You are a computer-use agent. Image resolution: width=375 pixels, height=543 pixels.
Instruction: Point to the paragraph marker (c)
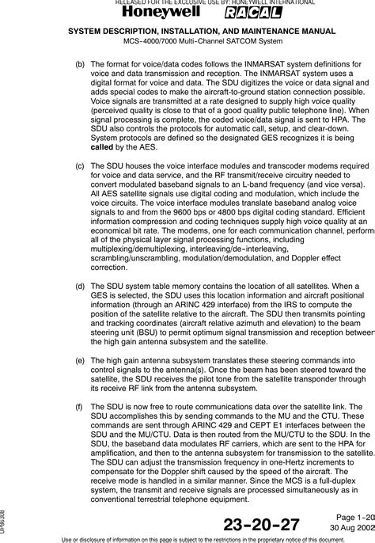point(80,165)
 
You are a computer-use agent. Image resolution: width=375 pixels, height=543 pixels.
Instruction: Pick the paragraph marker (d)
point(80,284)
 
